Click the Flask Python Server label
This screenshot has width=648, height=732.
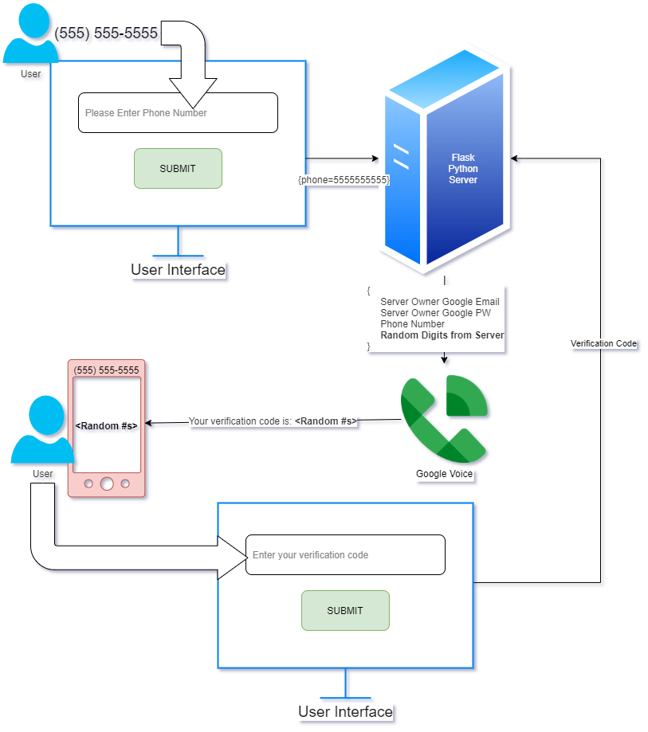point(463,169)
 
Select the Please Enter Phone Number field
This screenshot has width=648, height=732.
point(178,113)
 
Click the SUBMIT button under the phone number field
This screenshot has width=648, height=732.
point(178,168)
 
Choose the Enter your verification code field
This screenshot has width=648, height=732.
point(345,554)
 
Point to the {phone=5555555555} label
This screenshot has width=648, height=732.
point(344,180)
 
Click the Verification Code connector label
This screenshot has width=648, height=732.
point(603,344)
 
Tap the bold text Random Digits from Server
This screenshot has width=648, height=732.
point(442,335)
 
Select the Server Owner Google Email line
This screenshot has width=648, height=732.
point(440,302)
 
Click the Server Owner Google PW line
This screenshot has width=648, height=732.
point(434,313)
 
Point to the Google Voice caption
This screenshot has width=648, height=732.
point(444,474)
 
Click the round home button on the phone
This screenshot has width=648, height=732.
point(107,483)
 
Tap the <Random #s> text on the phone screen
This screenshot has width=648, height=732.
point(106,426)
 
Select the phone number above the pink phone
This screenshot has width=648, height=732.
point(106,370)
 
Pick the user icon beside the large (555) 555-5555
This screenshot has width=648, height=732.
point(30,36)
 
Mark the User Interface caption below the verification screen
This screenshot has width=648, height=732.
point(345,711)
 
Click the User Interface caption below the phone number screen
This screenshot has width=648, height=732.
point(178,270)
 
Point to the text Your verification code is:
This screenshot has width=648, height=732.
point(240,421)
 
